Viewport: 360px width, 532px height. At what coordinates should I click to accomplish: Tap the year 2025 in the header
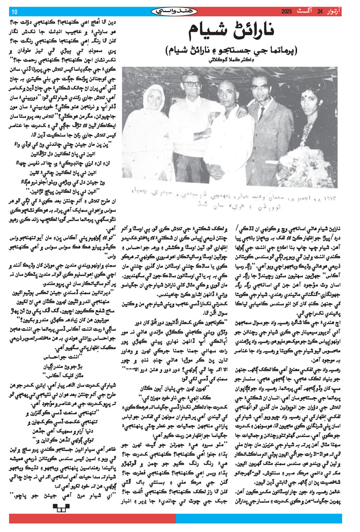[287, 11]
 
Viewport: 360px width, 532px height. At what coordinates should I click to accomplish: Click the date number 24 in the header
[319, 11]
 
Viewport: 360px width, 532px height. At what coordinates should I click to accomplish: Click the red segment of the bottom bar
[91, 518]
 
